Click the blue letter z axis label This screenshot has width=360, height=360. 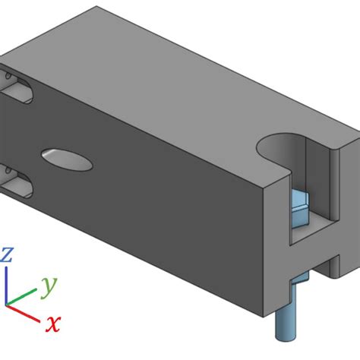tap(7, 254)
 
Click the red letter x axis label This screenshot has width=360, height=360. tap(52, 324)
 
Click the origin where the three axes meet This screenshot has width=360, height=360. tap(8, 303)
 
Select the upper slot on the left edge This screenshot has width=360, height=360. tap(17, 89)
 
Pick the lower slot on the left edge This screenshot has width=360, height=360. tap(17, 182)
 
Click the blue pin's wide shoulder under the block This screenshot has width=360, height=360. tap(296, 283)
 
